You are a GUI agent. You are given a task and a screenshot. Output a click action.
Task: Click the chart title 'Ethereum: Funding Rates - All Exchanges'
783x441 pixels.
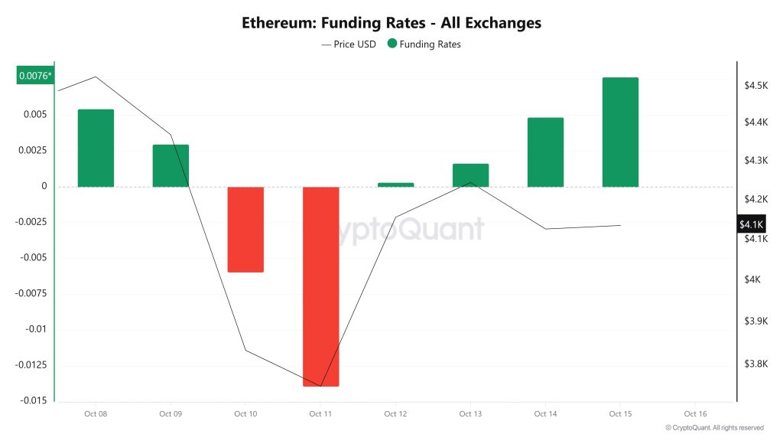point(391,23)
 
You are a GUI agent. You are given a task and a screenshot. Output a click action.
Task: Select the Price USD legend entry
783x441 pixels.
point(349,44)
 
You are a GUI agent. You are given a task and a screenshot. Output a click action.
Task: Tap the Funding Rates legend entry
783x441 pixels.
point(424,44)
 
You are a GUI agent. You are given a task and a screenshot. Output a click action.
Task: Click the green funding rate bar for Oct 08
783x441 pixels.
point(96,148)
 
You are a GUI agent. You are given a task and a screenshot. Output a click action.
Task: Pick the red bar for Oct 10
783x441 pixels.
point(245,229)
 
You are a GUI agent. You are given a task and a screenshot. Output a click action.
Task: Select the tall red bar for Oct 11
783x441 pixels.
point(320,286)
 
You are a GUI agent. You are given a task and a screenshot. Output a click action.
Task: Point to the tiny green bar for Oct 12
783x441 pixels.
point(395,185)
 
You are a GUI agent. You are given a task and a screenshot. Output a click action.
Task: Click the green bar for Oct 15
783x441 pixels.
point(620,132)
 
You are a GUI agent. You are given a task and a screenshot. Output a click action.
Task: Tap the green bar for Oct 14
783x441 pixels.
point(545,152)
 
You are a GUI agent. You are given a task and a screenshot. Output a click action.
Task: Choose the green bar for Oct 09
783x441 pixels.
point(171,165)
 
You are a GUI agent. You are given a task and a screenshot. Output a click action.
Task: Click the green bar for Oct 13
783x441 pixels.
point(470,175)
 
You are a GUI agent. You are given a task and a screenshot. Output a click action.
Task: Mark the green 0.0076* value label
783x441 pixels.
point(36,75)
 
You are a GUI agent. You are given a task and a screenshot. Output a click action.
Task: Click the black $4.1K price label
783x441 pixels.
point(751,224)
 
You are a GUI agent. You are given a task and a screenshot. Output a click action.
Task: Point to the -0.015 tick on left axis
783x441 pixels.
point(31,400)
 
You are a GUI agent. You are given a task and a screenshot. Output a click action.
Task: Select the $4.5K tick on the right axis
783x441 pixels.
point(755,85)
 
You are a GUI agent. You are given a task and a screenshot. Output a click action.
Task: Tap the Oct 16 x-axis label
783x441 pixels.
point(695,414)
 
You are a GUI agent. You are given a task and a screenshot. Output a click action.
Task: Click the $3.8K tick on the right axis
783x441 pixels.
point(755,364)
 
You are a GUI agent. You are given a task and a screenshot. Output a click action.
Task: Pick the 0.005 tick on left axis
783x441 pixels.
point(34,115)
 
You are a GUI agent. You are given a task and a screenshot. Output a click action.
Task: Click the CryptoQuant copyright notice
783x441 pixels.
point(714,428)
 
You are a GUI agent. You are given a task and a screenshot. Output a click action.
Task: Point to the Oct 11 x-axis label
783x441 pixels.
point(320,414)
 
